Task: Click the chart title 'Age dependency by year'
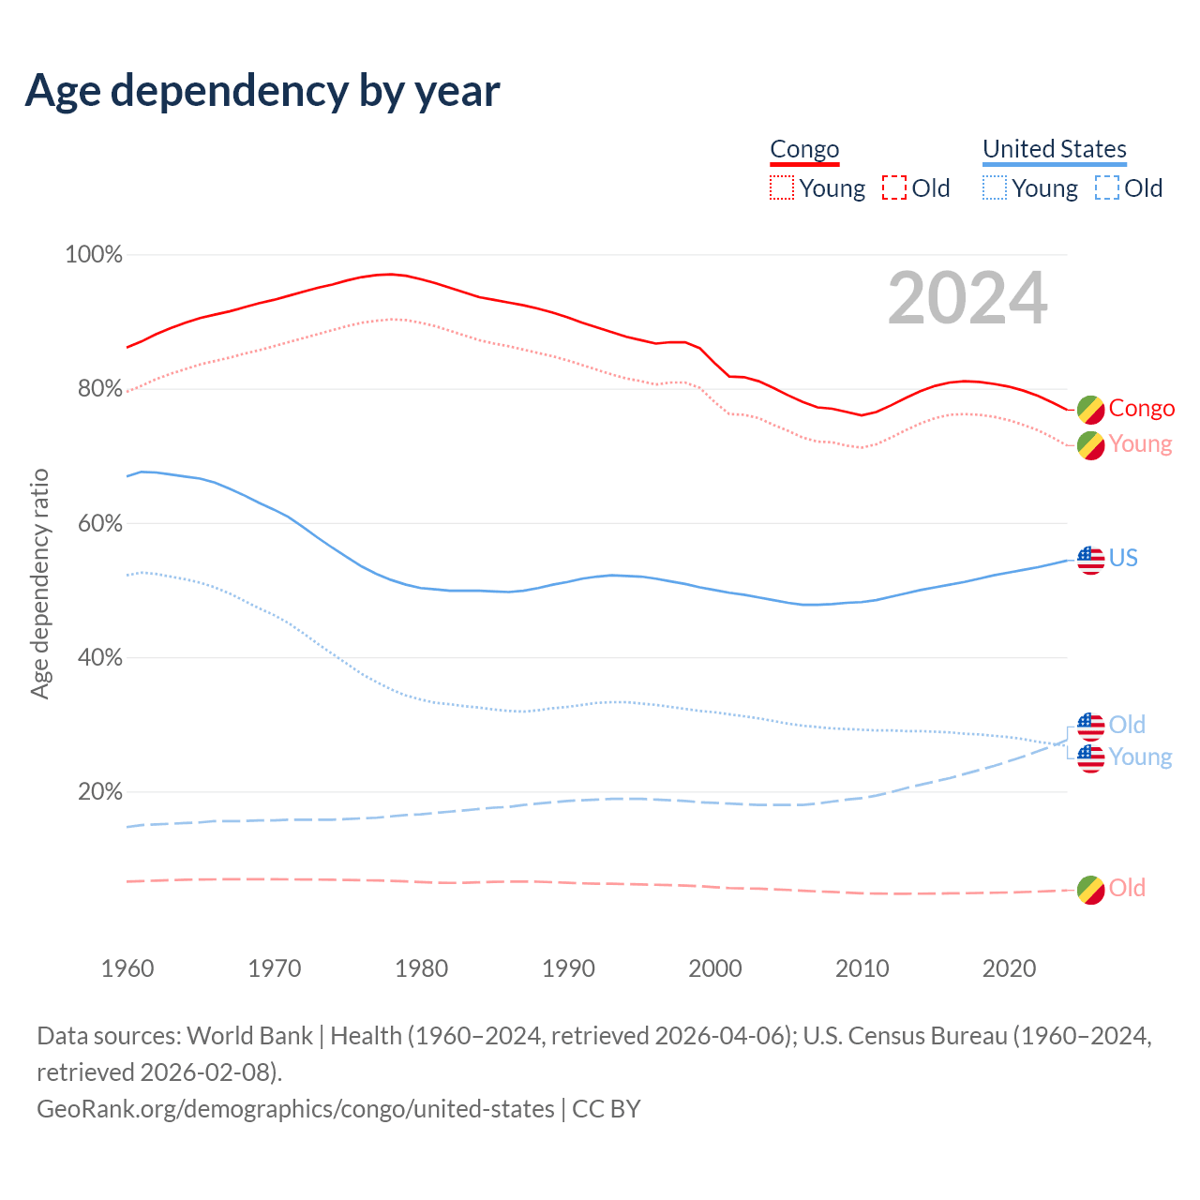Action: point(262,91)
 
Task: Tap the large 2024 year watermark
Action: point(967,298)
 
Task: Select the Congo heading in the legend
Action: point(804,149)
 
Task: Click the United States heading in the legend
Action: point(1054,149)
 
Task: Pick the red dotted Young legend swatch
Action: point(781,188)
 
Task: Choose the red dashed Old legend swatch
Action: point(894,188)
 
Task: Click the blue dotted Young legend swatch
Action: point(994,188)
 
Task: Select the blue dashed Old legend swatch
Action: point(1106,188)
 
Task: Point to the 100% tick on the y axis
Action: point(94,255)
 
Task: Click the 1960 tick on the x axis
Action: point(127,968)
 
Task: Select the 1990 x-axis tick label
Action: point(568,968)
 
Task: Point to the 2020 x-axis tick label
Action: point(1009,968)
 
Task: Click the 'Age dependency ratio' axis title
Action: point(39,583)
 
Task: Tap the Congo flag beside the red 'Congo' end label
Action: point(1090,409)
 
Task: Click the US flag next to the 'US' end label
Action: point(1090,560)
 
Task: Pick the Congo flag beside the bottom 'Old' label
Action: point(1090,890)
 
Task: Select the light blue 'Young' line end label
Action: point(1140,757)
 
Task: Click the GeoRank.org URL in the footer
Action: point(295,1109)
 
